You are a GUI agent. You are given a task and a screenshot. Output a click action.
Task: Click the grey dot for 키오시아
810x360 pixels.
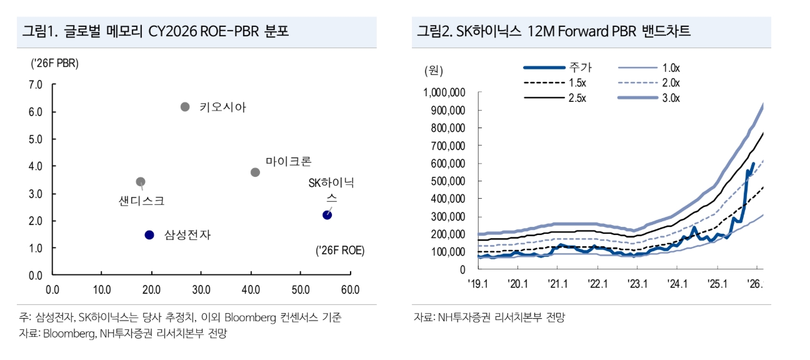(x=185, y=107)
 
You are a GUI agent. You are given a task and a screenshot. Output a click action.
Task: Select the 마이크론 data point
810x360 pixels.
(x=255, y=172)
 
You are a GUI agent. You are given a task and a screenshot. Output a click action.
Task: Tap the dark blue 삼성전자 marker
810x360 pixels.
(x=149, y=235)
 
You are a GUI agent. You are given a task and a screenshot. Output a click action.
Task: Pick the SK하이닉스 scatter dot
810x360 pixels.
(x=327, y=215)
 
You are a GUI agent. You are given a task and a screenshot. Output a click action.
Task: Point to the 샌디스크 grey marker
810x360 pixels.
(x=141, y=182)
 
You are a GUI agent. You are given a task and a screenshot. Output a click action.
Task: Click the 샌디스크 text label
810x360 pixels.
(x=141, y=201)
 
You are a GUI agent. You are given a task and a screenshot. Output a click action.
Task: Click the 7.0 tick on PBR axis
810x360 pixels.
(x=35, y=84)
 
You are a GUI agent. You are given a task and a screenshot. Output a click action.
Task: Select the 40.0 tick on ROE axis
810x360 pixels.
(x=251, y=290)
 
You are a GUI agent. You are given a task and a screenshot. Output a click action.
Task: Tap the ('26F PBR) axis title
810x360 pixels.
(x=54, y=63)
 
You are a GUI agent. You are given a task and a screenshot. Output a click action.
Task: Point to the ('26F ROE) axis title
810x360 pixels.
(x=340, y=251)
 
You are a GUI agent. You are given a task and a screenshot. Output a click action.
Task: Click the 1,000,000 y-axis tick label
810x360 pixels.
(x=444, y=93)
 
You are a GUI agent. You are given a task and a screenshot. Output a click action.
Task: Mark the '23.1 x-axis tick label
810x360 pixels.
(x=637, y=284)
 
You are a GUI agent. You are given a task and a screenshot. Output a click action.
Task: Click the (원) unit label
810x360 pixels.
(x=432, y=70)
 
